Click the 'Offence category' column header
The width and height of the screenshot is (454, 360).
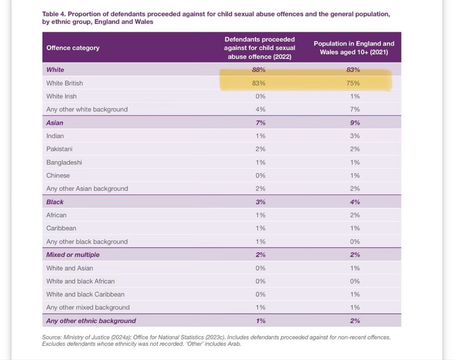(73, 48)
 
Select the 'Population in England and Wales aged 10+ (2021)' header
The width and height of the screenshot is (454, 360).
(354, 48)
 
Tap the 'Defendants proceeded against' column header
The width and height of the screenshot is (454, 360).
(260, 48)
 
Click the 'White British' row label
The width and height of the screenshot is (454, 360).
(65, 83)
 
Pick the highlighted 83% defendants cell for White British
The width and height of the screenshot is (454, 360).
(259, 83)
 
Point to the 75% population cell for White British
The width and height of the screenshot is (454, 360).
(353, 83)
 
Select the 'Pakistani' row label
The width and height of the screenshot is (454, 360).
(60, 149)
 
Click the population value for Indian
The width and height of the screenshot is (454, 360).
(355, 136)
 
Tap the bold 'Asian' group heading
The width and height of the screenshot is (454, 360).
(55, 123)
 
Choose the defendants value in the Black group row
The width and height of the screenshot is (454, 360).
(260, 202)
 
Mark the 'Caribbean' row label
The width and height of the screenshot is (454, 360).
(61, 228)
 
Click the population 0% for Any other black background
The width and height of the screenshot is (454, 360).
(355, 242)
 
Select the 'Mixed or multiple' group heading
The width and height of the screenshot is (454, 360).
(73, 255)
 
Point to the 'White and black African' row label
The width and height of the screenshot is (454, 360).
(81, 281)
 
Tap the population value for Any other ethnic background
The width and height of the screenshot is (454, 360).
(355, 321)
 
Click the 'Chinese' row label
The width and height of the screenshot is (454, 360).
(58, 176)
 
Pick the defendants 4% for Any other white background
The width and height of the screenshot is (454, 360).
(260, 110)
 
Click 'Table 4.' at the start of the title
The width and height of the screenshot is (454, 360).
(54, 14)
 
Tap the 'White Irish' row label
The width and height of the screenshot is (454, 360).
(61, 96)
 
